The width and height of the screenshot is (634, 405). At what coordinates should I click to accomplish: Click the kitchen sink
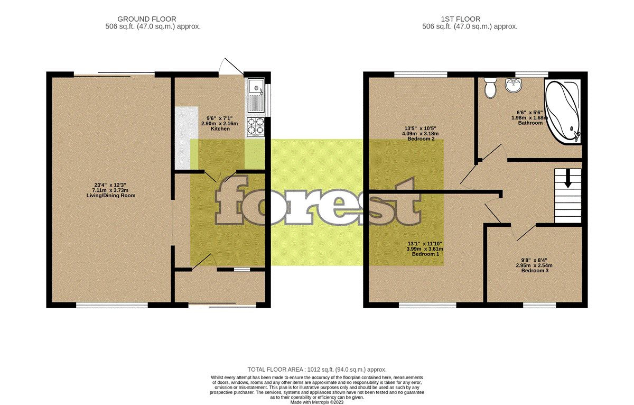click(256, 94)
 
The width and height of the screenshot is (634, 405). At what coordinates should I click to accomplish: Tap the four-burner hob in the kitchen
click(256, 126)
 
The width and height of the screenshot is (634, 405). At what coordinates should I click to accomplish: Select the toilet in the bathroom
click(490, 87)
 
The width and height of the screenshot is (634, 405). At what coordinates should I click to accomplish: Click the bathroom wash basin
click(513, 85)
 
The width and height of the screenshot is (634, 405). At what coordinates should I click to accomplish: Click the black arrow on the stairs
click(568, 179)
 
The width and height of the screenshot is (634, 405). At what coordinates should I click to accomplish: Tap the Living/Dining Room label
click(111, 196)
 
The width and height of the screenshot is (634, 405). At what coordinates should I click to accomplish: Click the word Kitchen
click(220, 129)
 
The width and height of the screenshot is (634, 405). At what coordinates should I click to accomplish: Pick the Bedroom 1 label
click(425, 254)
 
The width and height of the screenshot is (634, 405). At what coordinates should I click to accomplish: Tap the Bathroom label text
click(530, 123)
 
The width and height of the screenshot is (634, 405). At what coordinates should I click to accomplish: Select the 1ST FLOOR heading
click(469, 20)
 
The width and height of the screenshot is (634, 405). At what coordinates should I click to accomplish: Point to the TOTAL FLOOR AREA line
click(317, 370)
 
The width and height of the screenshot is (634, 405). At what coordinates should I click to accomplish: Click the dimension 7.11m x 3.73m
click(111, 190)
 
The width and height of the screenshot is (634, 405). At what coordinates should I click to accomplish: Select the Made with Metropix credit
click(317, 401)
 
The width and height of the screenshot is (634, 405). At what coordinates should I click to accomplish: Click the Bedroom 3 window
click(539, 305)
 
